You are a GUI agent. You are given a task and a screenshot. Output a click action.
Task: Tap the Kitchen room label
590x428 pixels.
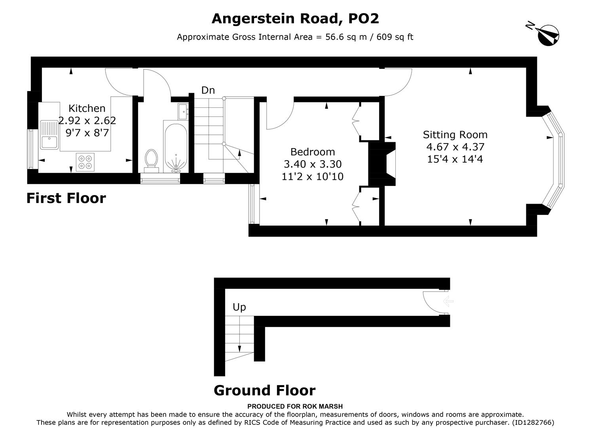(x=87, y=108)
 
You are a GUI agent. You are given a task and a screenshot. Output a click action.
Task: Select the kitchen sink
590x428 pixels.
(x=49, y=135)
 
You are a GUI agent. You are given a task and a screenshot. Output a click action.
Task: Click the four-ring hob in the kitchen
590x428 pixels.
(x=85, y=162)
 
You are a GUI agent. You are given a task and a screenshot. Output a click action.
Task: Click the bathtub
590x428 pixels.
(x=175, y=148)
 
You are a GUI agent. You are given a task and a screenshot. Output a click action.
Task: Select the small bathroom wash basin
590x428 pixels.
(x=183, y=111)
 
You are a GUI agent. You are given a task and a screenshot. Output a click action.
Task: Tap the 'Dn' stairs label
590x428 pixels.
(x=208, y=90)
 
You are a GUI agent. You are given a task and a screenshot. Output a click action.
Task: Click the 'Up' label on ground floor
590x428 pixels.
(x=239, y=307)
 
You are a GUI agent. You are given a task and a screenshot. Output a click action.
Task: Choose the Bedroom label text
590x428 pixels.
(x=312, y=152)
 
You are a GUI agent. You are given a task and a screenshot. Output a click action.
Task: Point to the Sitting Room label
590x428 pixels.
(x=455, y=135)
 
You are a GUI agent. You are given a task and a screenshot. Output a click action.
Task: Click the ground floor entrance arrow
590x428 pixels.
(x=448, y=302)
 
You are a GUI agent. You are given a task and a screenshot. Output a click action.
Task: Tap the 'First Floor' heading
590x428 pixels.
(x=66, y=198)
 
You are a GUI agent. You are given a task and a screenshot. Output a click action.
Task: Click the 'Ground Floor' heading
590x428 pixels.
(x=264, y=390)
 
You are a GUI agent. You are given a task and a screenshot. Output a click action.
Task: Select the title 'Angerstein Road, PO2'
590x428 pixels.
(x=295, y=19)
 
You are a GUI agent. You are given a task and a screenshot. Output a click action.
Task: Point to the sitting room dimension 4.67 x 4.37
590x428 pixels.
(x=455, y=147)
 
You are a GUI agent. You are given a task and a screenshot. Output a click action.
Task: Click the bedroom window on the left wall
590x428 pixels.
(x=252, y=204)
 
